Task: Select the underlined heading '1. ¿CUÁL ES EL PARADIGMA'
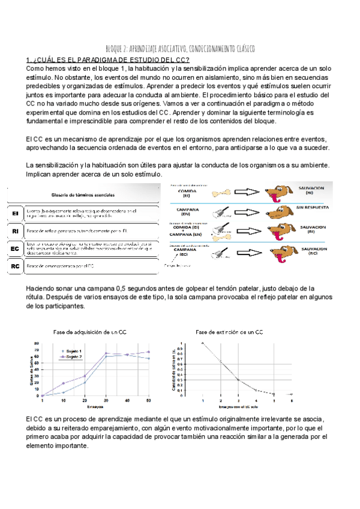[x=108, y=59]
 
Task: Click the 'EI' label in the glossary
[x=15, y=214]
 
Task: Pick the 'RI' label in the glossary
[x=15, y=230]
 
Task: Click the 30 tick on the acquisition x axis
[x=106, y=400]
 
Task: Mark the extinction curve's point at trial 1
[x=203, y=343]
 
